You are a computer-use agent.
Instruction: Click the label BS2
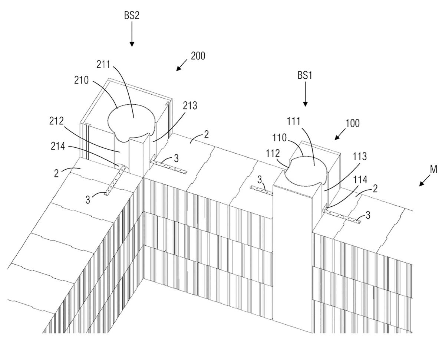click(x=132, y=16)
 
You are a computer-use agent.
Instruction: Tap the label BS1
click(x=305, y=75)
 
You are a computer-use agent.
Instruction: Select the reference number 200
click(x=198, y=56)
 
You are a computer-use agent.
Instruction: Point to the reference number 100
click(x=352, y=123)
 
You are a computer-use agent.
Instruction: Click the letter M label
click(x=434, y=169)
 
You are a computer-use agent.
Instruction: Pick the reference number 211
click(x=103, y=65)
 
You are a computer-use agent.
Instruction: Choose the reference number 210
click(x=82, y=80)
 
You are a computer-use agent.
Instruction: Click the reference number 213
click(x=190, y=106)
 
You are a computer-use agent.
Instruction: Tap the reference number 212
click(x=56, y=121)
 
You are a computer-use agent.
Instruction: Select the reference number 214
click(x=58, y=146)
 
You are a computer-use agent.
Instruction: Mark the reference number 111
click(x=294, y=121)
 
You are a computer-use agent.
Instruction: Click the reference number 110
click(x=279, y=138)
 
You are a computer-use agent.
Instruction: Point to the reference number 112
click(x=273, y=154)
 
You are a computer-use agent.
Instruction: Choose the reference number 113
click(x=360, y=156)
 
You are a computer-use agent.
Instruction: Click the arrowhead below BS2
click(x=132, y=44)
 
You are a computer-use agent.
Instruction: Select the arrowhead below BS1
click(x=305, y=104)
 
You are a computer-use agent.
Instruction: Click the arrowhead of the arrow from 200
click(x=178, y=69)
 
